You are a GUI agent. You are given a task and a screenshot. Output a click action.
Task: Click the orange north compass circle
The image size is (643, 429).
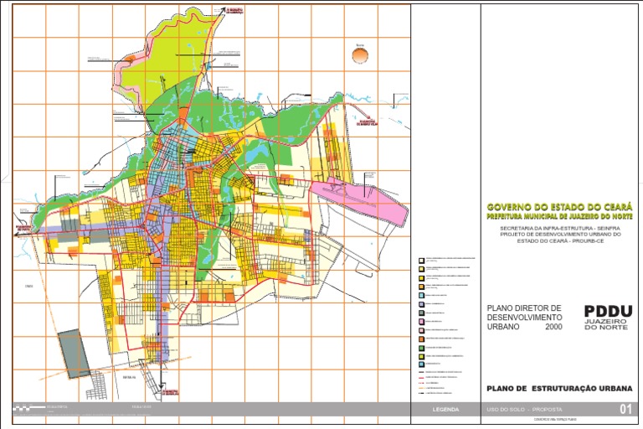pos(360,54)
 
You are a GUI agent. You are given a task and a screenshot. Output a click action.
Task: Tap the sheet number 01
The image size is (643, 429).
pos(625,410)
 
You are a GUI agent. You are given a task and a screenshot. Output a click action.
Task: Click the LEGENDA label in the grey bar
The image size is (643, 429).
pos(445,410)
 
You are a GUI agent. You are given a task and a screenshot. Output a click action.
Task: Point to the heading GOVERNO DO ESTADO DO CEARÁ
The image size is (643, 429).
pos(559,206)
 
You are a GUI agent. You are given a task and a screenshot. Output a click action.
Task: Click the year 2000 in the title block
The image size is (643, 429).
pos(553,327)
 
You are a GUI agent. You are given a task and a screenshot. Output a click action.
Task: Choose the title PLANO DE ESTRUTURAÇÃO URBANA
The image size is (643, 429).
pos(559,389)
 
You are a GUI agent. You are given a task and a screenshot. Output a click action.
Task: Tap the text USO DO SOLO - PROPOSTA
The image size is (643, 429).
pos(513,410)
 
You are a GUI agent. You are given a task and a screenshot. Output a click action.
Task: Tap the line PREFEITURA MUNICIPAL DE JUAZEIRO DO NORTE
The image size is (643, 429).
pos(559,216)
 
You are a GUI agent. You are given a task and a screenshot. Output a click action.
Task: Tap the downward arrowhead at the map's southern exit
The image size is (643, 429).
pos(159,396)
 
